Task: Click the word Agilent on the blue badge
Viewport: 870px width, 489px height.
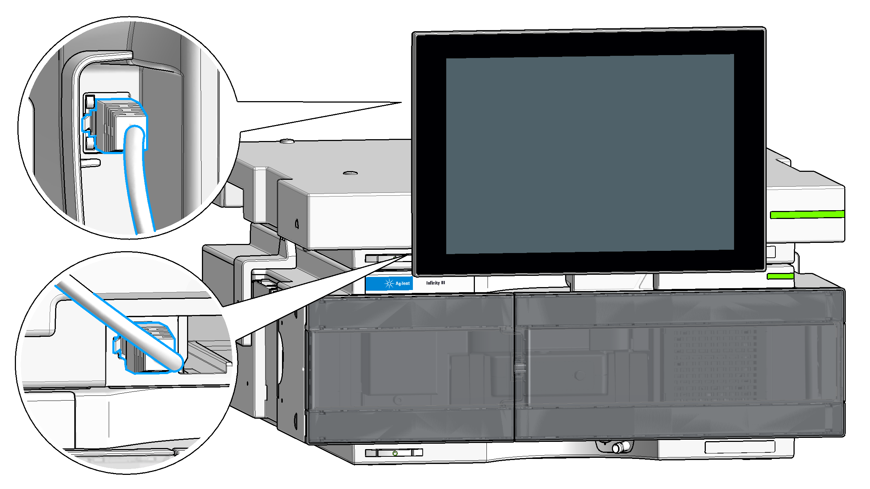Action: [x=402, y=283]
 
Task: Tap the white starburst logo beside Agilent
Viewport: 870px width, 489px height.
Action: [x=389, y=283]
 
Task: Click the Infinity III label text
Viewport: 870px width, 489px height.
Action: [x=435, y=283]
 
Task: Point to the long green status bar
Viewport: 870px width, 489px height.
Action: [x=807, y=215]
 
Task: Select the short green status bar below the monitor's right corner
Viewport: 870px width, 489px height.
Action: [x=780, y=277]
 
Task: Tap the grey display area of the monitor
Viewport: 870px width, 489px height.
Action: [x=590, y=154]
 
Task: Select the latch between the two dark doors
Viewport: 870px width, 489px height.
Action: [x=519, y=368]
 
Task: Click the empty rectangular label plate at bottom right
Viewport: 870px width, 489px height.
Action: [x=739, y=447]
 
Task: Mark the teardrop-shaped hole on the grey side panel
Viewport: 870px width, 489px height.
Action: [x=297, y=224]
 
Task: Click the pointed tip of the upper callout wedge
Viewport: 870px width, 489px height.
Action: [x=401, y=103]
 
